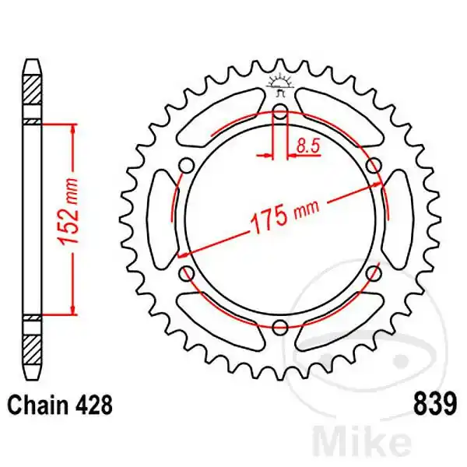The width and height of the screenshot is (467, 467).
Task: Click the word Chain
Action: coord(35,406)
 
